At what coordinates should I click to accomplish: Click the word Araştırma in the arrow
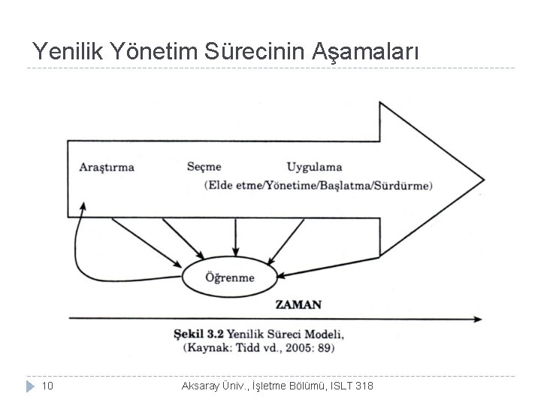pyautogui.click(x=107, y=167)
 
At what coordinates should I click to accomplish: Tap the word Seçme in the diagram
pyautogui.click(x=204, y=166)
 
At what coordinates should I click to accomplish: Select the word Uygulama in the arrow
pyautogui.click(x=314, y=167)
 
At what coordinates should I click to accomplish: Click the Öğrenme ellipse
pyautogui.click(x=230, y=277)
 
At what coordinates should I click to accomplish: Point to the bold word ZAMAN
pyautogui.click(x=298, y=304)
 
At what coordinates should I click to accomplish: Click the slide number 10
pyautogui.click(x=47, y=386)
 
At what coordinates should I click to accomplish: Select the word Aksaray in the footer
pyautogui.click(x=201, y=386)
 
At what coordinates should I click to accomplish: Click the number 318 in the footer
pyautogui.click(x=363, y=386)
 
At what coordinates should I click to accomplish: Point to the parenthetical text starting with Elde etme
pyautogui.click(x=318, y=185)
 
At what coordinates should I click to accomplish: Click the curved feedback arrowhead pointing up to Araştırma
pyautogui.click(x=84, y=204)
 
